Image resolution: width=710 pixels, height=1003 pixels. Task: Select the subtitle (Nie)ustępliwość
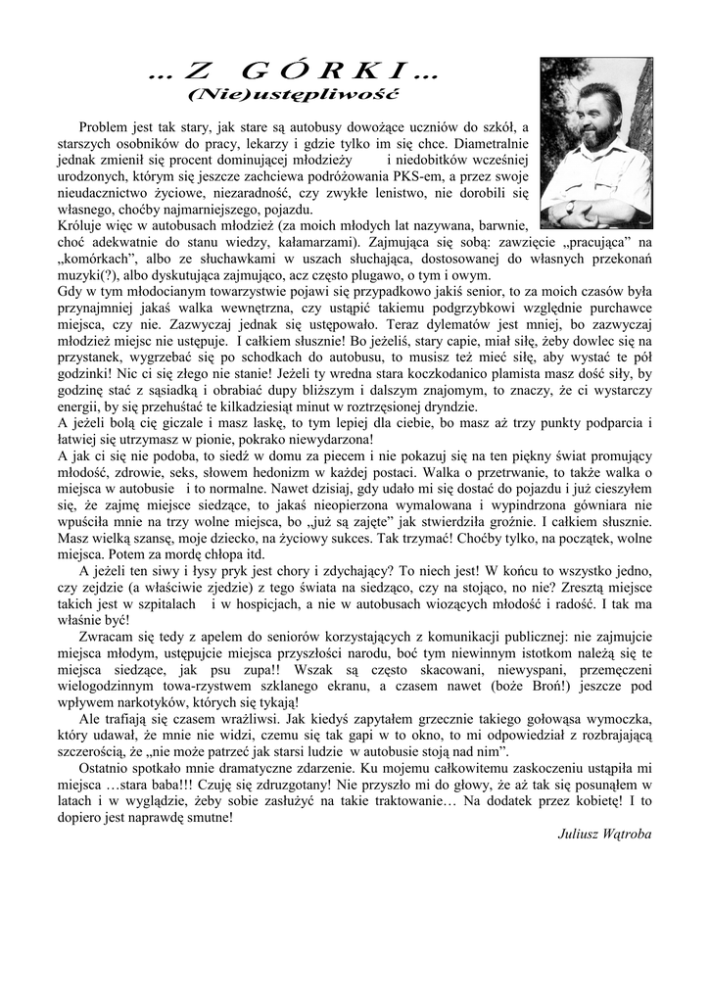click(293, 95)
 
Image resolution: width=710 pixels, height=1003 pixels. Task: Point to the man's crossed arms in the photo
click(598, 206)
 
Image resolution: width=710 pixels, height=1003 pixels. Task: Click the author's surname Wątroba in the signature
click(627, 835)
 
